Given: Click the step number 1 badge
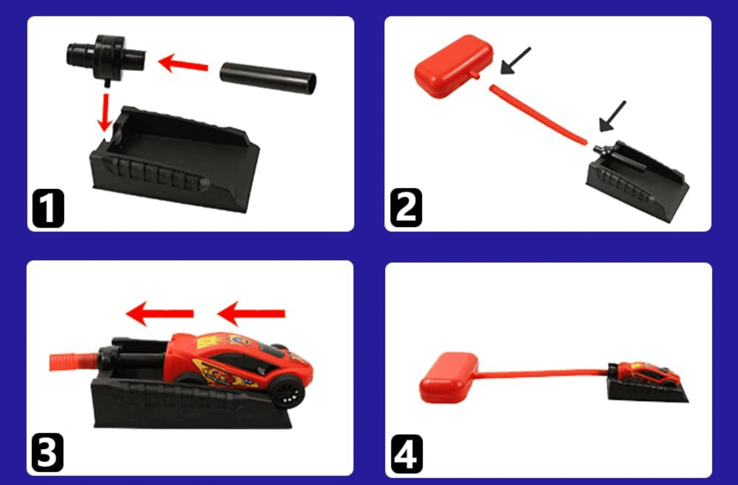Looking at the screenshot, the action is [x=48, y=208].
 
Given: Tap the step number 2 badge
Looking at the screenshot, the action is [x=406, y=208].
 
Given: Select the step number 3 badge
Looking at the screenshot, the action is [x=48, y=453].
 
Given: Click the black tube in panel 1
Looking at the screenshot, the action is [x=268, y=78].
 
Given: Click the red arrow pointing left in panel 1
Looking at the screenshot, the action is [x=183, y=63].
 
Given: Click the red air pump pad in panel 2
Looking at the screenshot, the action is [x=453, y=66].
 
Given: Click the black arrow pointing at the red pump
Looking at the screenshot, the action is [x=515, y=61].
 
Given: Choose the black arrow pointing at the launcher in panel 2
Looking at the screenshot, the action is [x=612, y=116].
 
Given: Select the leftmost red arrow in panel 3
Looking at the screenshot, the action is [x=160, y=314].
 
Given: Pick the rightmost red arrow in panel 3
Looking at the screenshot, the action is [x=251, y=314].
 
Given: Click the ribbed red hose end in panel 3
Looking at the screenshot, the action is [x=74, y=362].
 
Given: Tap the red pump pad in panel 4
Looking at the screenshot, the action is [x=449, y=378].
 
